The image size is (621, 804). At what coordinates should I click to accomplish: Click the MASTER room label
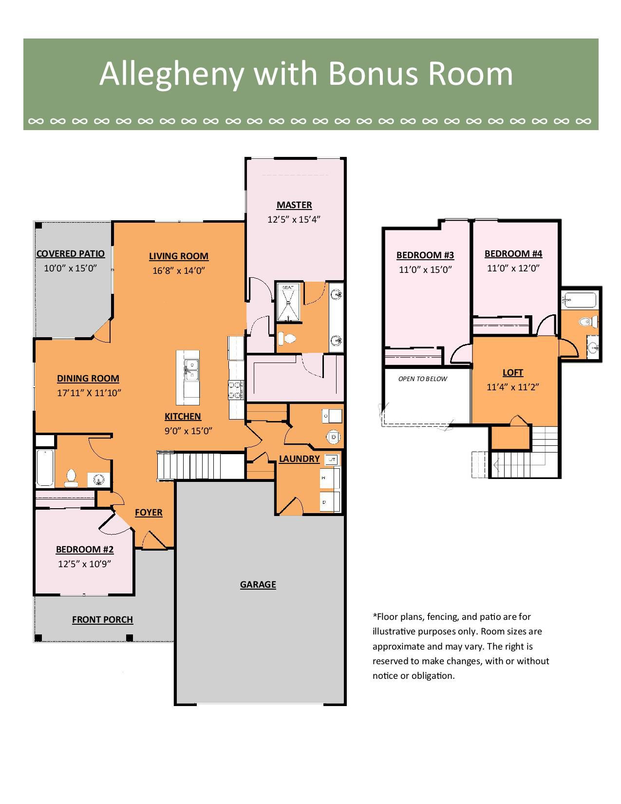click(294, 205)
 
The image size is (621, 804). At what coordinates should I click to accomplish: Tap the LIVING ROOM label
click(179, 256)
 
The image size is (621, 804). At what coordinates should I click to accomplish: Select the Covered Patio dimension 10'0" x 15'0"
click(70, 268)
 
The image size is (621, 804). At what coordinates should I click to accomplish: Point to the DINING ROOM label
click(88, 379)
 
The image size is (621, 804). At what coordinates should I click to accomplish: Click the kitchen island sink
click(191, 370)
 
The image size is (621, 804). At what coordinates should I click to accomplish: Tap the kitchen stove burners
click(236, 390)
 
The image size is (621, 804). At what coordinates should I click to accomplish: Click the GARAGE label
click(258, 585)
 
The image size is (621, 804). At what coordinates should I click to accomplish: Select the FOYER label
click(149, 513)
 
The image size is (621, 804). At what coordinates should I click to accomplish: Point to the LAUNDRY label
click(299, 459)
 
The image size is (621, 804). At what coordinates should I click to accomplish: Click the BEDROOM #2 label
click(85, 550)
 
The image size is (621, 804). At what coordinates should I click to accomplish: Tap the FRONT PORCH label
click(102, 619)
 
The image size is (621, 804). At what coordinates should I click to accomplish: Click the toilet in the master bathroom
click(287, 339)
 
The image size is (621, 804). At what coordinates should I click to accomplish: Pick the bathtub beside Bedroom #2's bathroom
click(45, 468)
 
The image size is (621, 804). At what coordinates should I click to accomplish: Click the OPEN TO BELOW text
click(423, 379)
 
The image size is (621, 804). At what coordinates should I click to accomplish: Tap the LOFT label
click(513, 373)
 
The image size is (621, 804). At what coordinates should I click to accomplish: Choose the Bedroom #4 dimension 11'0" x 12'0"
click(513, 268)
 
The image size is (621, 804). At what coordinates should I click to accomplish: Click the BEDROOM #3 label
click(425, 255)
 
